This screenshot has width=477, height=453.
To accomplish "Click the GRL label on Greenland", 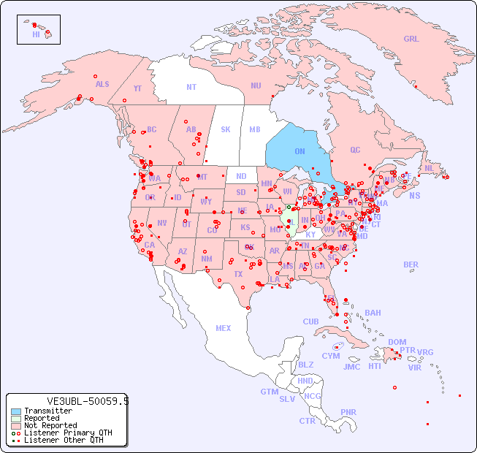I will (x=411, y=39).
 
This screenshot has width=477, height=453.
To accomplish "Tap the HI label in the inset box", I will (x=36, y=34).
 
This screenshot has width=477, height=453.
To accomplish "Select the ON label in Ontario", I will (x=299, y=151).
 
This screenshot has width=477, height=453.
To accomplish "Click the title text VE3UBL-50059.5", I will (x=88, y=401).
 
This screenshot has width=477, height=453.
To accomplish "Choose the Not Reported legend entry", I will (x=50, y=425).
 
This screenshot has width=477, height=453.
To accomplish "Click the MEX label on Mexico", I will (x=224, y=328).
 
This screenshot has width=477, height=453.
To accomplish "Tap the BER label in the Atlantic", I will (x=411, y=264).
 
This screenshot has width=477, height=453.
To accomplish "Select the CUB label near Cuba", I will (x=310, y=321).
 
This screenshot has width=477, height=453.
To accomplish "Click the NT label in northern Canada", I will (x=191, y=87).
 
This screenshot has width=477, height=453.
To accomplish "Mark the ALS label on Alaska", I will (x=102, y=84).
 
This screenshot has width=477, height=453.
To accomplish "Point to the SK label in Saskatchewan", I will (x=226, y=129).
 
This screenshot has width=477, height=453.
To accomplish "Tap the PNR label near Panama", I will (x=348, y=412).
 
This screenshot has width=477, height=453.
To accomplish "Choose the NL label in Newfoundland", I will (x=430, y=168).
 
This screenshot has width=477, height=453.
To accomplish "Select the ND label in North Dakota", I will (x=241, y=176).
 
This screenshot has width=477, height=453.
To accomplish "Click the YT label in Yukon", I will (x=137, y=88).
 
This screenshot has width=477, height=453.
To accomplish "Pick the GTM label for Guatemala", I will (x=269, y=392).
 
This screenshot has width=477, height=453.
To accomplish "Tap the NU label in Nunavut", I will (x=256, y=85).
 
